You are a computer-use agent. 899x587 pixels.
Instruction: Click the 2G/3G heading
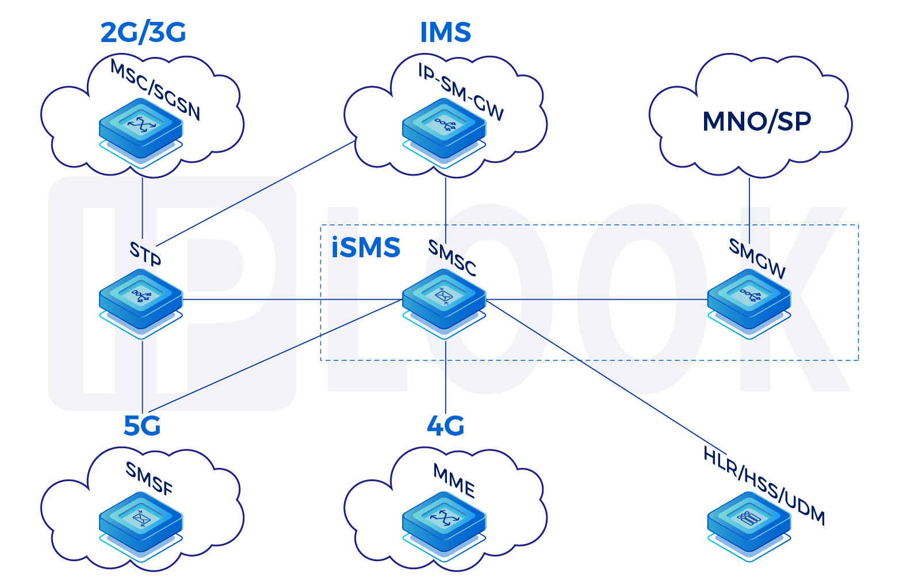tap(143, 33)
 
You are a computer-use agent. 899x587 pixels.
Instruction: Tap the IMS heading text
tap(445, 33)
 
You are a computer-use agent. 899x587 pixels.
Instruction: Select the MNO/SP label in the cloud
tap(756, 121)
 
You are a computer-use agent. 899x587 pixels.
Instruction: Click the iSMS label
tap(366, 248)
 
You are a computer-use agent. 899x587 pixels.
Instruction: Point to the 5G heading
tap(142, 426)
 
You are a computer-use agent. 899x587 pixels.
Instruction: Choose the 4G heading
tap(445, 426)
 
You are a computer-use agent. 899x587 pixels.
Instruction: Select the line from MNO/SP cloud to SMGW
tap(749, 201)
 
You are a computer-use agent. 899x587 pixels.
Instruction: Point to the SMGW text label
tap(757, 258)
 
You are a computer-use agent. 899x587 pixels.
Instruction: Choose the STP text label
tap(145, 253)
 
